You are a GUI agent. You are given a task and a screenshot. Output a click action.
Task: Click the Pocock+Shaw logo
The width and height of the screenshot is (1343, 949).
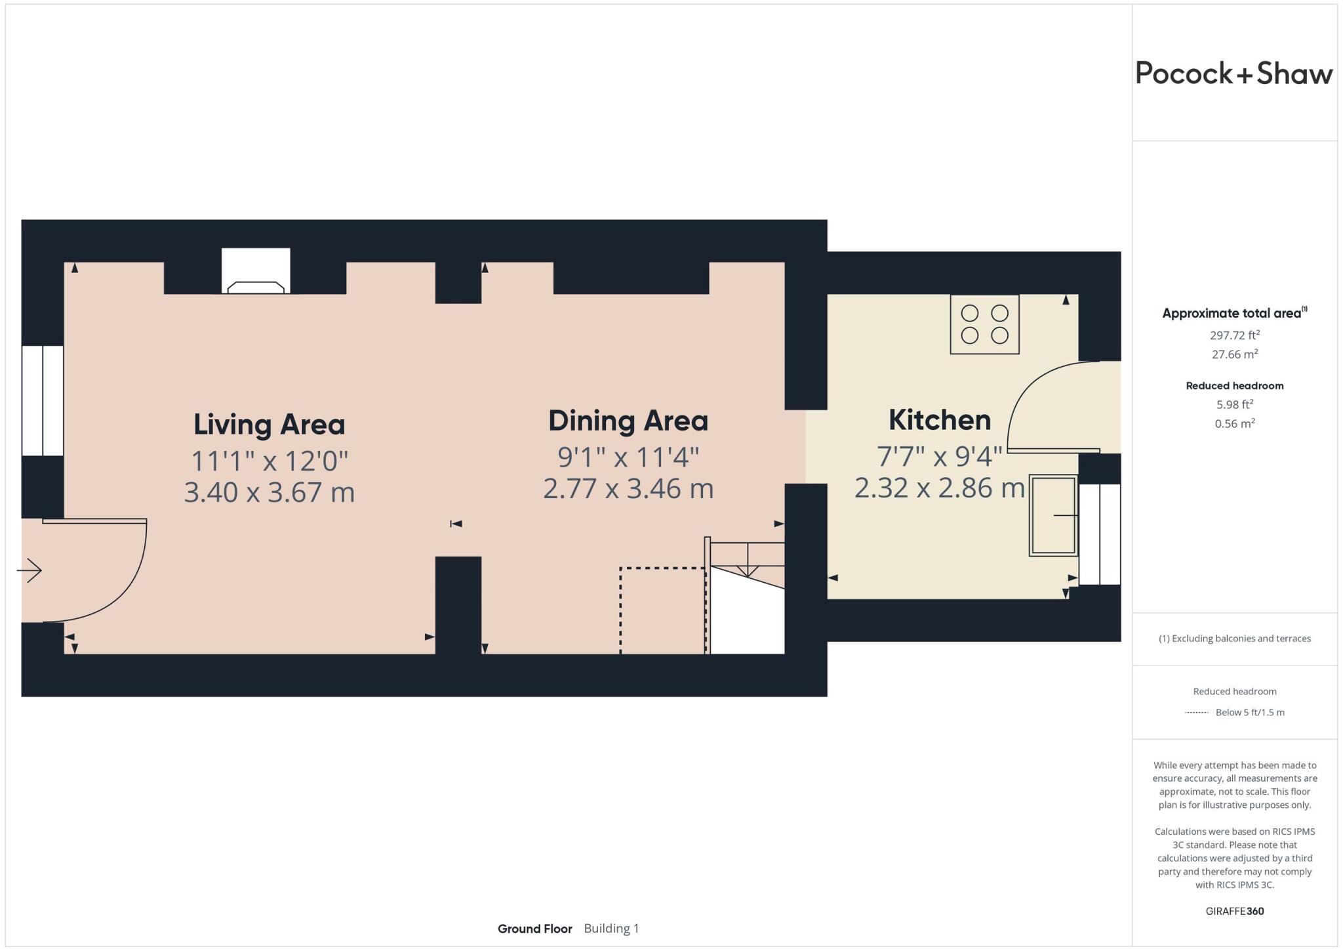click(x=1233, y=74)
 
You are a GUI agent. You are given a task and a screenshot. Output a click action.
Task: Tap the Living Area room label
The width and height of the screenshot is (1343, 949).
click(x=269, y=425)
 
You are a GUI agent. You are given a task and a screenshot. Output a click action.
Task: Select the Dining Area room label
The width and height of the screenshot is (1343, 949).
click(x=628, y=421)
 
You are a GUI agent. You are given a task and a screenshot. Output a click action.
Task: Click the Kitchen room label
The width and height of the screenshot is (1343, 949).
click(x=939, y=420)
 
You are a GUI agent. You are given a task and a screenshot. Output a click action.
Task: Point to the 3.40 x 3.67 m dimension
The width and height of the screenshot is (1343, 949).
click(x=269, y=492)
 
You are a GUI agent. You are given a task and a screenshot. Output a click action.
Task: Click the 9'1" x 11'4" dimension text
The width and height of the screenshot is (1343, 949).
click(x=628, y=457)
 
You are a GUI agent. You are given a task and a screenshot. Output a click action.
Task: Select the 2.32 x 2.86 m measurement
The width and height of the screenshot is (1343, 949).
click(x=939, y=488)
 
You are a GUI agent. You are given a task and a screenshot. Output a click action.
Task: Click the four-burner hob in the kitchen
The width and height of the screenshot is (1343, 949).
click(x=984, y=325)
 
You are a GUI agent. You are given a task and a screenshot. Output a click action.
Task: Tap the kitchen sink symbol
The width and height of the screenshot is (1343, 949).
click(x=1053, y=516)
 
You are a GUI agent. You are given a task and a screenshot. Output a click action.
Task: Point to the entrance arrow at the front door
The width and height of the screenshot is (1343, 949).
click(x=30, y=570)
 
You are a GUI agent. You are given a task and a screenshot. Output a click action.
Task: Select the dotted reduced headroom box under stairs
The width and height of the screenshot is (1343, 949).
click(x=662, y=610)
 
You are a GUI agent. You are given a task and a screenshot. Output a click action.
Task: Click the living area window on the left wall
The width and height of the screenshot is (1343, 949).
click(x=43, y=400)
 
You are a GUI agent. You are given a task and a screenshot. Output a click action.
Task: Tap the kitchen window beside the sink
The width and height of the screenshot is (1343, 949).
click(x=1100, y=534)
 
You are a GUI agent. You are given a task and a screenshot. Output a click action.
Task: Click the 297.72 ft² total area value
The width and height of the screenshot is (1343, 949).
click(x=1234, y=335)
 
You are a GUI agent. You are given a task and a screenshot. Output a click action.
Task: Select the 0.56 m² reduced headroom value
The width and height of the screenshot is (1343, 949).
click(x=1234, y=424)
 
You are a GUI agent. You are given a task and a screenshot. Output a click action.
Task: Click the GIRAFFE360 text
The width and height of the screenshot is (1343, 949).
click(x=1234, y=911)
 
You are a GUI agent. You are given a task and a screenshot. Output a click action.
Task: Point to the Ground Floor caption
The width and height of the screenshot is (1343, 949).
click(x=534, y=929)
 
